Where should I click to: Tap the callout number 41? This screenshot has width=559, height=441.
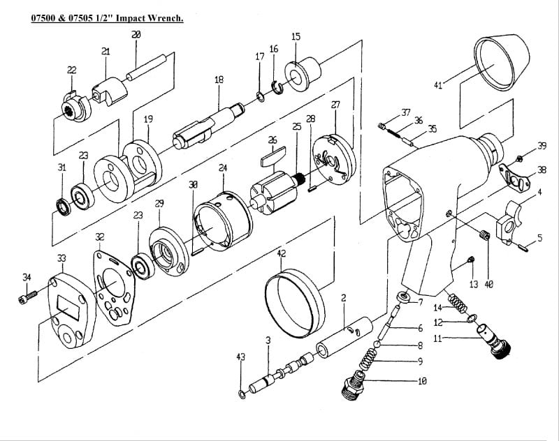click(438, 85)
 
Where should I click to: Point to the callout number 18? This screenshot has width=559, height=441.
click(219, 80)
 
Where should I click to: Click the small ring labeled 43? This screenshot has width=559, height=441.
click(241, 396)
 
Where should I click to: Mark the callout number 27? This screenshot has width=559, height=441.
click(335, 105)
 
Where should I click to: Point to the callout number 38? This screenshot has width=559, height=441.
click(542, 170)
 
